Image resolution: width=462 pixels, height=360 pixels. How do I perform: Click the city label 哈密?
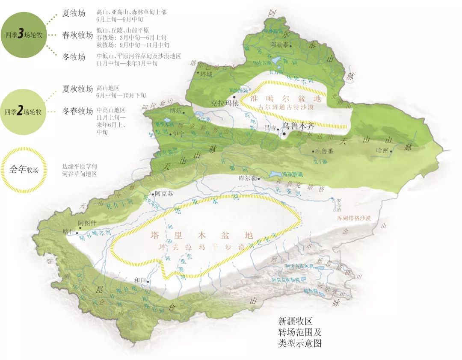click(384, 150)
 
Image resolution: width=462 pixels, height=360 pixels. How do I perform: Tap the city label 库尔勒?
click(247, 179)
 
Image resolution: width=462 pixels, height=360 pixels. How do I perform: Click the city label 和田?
click(140, 280)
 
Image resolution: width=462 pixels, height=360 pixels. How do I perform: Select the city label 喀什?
click(68, 233)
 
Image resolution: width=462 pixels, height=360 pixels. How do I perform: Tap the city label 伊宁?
click(180, 133)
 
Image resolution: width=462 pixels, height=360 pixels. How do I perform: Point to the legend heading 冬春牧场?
click(77, 111)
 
